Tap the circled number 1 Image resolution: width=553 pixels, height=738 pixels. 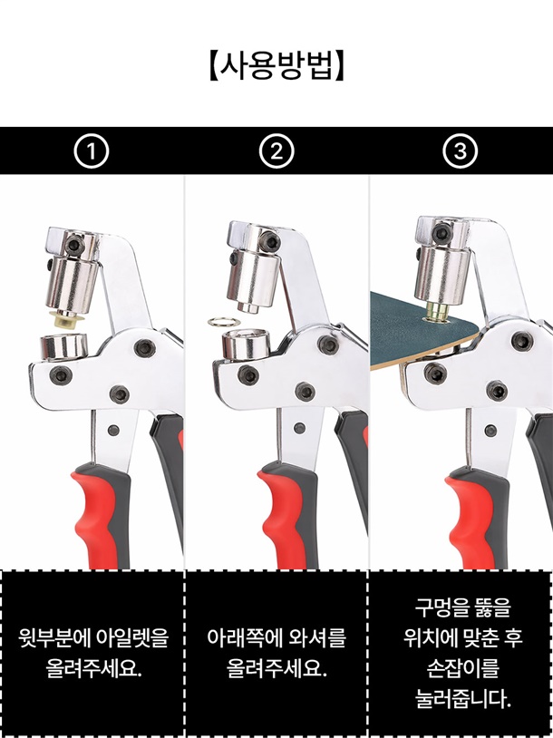point(92,151)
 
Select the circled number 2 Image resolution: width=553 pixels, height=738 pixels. point(276,151)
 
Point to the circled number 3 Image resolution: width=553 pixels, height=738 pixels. point(461,151)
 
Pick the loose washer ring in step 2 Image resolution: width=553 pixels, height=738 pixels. point(224,323)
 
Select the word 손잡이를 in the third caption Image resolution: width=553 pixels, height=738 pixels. point(463,668)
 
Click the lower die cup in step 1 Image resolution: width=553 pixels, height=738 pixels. point(64,346)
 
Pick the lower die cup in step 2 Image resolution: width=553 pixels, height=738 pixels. point(246,344)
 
